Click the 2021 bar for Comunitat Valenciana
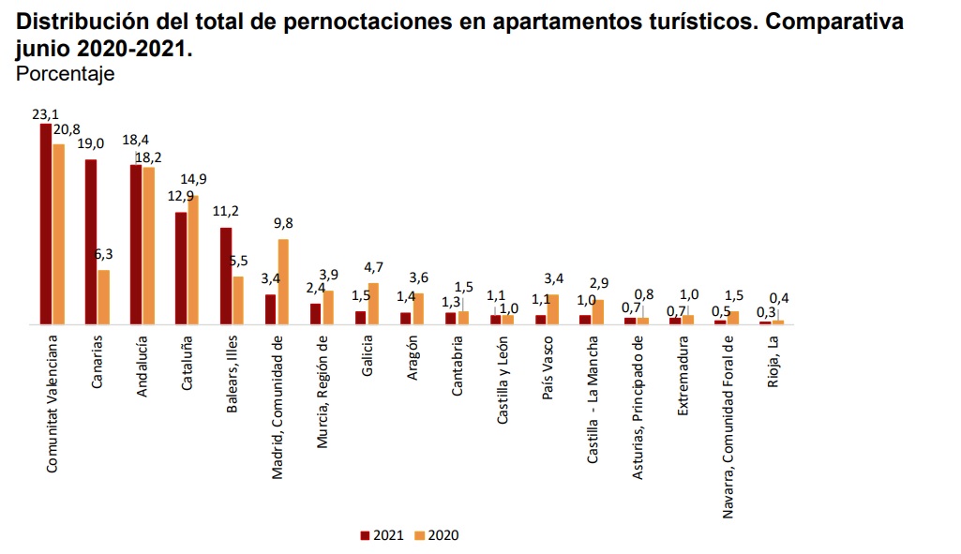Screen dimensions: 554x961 point(45,224)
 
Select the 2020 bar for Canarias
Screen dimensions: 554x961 point(103,297)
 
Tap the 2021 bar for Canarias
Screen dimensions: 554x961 point(91,242)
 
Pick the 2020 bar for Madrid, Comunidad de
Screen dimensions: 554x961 point(283,281)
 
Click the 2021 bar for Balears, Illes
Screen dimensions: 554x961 point(226,276)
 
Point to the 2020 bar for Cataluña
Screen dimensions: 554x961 point(193,260)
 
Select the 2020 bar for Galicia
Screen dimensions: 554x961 point(373,304)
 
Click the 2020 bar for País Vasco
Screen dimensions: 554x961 point(553,309)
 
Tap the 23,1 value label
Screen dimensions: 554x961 point(45,114)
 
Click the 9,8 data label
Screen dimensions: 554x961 point(283,223)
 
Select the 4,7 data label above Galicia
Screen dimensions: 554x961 point(373,268)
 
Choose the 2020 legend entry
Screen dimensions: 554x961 point(437,535)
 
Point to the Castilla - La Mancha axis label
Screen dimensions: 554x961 point(593,399)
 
